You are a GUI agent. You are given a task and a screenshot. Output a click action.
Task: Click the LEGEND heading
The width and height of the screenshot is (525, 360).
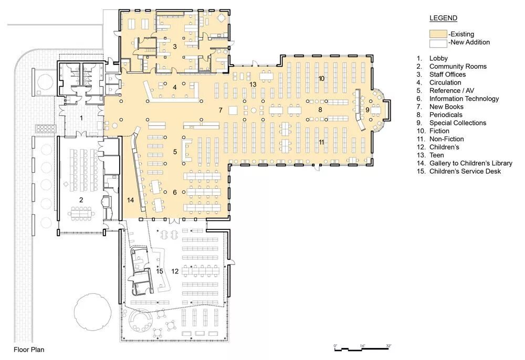point(443,18)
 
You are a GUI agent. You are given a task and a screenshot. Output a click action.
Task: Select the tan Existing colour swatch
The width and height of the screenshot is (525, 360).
point(438,34)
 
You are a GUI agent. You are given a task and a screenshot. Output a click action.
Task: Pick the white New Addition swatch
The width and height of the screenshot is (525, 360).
point(438,43)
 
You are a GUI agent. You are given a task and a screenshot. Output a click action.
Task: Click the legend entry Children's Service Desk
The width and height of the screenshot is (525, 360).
point(465,171)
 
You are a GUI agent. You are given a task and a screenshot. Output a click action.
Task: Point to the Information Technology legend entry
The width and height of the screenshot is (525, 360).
point(464,99)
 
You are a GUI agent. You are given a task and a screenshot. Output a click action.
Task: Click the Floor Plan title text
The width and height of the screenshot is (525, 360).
point(29,350)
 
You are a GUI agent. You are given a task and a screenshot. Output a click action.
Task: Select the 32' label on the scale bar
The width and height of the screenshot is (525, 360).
point(388,346)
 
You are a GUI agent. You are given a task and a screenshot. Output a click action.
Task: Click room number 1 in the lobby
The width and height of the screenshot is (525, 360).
point(81,118)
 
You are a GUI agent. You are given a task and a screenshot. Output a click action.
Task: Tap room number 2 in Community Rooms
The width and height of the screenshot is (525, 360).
point(81,200)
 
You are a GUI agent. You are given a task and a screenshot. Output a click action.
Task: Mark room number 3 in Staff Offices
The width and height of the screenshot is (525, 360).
point(175,47)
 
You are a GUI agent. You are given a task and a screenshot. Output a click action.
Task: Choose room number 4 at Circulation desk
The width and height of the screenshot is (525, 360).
point(175,87)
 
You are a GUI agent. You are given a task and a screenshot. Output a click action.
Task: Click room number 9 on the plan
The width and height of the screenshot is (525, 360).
point(367,109)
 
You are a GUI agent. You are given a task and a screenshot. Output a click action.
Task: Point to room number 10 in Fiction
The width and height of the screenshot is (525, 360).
point(321,79)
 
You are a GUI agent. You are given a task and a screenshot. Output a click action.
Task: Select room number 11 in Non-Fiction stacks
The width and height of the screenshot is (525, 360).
point(321,142)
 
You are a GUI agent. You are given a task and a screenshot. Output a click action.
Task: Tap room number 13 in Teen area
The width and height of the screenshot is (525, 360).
point(253,84)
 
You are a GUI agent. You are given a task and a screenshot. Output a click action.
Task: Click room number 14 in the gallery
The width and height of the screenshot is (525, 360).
point(130,200)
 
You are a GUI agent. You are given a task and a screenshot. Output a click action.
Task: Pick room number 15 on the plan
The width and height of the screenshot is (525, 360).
point(160,271)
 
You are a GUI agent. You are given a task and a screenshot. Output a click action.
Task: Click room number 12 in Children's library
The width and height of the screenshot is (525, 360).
point(175,271)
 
